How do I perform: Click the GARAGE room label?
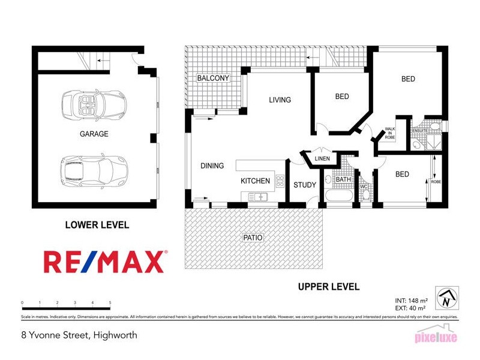pos(94,134)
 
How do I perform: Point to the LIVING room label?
pos(280,100)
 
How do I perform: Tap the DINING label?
pos(212,166)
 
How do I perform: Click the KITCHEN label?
pos(255,181)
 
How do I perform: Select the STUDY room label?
pos(304,185)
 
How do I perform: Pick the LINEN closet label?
pos(322,158)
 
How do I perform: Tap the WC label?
pos(363,187)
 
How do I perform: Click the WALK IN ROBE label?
pos(390,133)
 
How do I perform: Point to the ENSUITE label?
pos(419,130)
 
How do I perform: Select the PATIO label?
pos(253,238)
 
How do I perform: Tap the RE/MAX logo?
pos(104,262)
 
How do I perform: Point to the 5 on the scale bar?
pos(110,303)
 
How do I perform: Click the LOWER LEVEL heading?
pos(97,225)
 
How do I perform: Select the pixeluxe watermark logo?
pos(436,337)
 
